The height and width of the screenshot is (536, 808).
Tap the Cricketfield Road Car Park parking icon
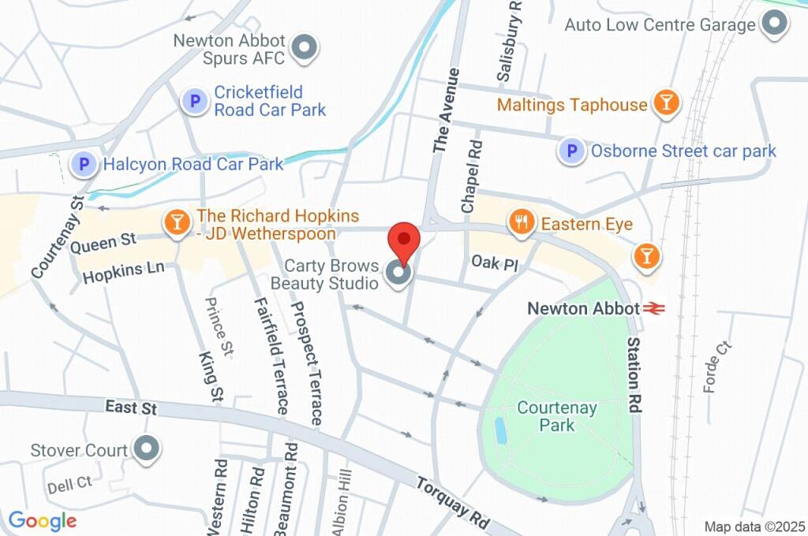[193, 101]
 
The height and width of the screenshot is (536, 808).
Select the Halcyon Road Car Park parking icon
[84, 164]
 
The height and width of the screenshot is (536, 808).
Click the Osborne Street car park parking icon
[571, 151]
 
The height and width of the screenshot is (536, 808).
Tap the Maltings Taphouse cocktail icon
[666, 103]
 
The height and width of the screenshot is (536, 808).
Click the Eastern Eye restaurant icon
[521, 223]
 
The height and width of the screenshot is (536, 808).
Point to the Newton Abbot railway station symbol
[653, 309]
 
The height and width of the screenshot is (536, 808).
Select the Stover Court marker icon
[147, 449]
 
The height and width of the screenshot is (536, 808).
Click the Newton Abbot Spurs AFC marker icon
[304, 48]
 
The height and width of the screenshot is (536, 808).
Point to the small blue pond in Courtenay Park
[500, 430]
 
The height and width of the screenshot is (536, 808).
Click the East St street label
[132, 408]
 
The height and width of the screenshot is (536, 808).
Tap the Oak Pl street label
[496, 262]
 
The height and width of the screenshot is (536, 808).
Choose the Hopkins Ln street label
[123, 273]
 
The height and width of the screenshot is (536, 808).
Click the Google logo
[43, 520]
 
